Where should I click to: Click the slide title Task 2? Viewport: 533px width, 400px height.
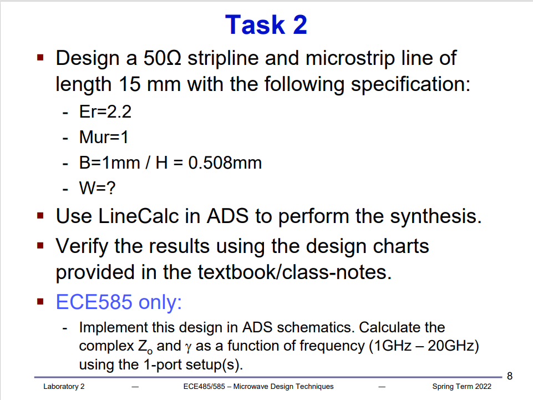click(266, 25)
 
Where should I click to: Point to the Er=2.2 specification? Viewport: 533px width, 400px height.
click(105, 112)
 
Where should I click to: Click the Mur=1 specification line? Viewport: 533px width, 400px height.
click(104, 137)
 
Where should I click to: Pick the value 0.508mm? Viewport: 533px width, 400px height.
click(231, 163)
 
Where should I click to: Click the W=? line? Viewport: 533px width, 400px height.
click(97, 189)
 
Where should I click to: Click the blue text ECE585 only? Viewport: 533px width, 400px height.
click(119, 302)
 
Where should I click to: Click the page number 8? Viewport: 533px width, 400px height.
click(510, 376)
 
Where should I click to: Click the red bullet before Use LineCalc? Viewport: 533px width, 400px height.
click(40, 215)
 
